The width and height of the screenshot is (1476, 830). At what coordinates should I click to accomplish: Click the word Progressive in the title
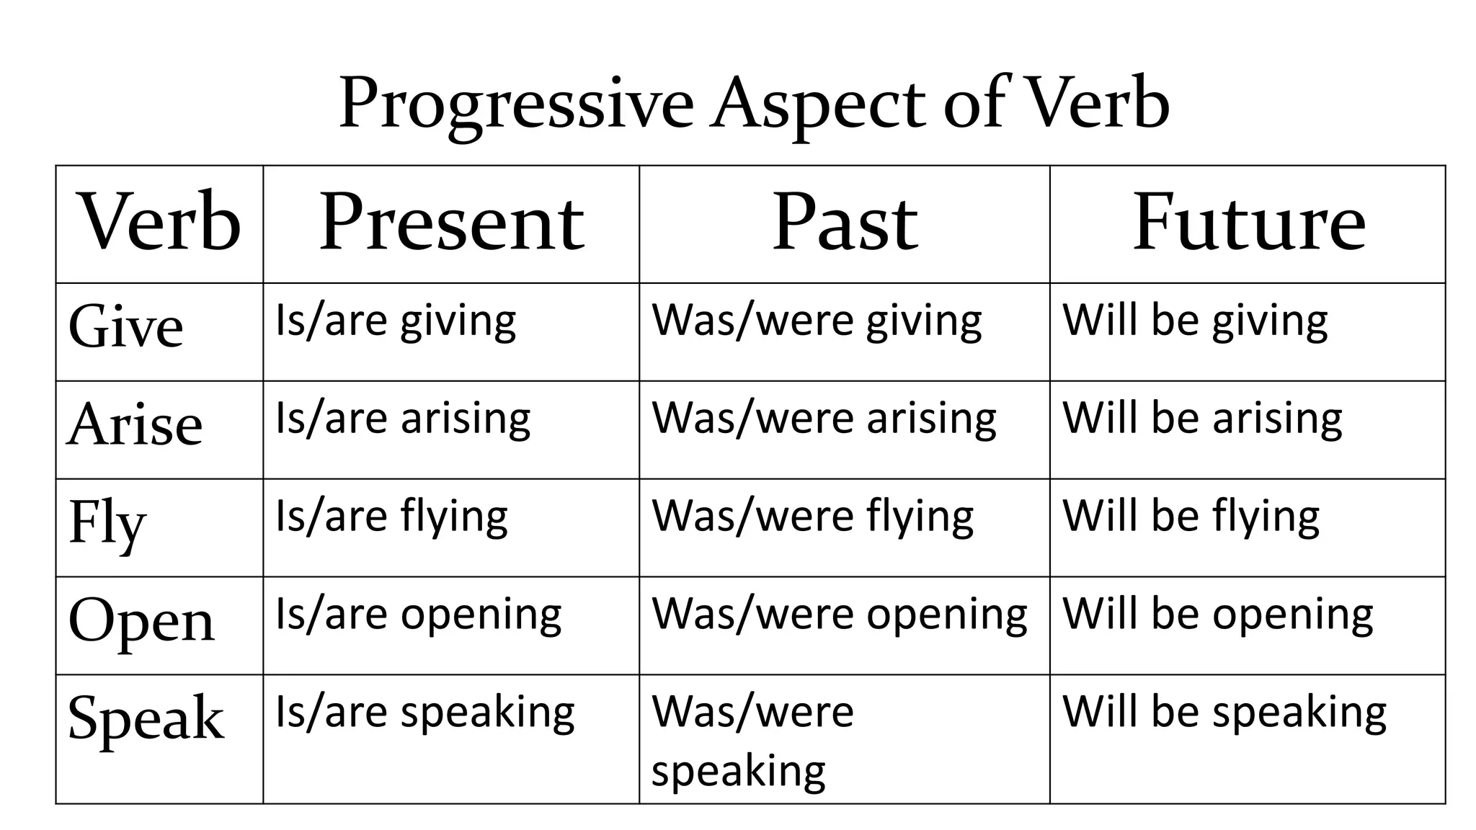[516, 104]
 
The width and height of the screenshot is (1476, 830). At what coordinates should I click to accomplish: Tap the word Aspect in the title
[817, 104]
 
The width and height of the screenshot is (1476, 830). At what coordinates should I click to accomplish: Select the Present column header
[451, 223]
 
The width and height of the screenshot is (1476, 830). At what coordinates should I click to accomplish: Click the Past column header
[845, 223]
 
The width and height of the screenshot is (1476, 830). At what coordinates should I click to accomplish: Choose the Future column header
[1248, 223]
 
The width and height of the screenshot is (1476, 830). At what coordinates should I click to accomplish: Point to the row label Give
[126, 326]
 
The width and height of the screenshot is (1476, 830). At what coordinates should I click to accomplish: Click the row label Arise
[135, 424]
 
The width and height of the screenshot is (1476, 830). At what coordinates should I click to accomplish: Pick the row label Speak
[146, 718]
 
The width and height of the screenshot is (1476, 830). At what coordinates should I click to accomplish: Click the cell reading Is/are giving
[396, 321]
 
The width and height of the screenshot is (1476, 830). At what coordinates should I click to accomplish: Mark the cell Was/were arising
[824, 419]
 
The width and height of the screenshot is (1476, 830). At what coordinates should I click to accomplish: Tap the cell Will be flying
[1191, 517]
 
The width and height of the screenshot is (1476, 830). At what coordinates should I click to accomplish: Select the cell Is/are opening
[418, 615]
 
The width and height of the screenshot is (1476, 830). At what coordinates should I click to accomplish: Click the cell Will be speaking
[1224, 713]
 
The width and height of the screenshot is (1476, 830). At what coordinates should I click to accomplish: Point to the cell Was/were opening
[840, 615]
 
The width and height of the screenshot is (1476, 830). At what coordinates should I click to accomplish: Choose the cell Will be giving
[1195, 321]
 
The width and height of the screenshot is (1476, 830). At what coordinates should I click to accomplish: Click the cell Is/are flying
[391, 517]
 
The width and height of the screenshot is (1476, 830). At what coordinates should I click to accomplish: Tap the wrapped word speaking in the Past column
[738, 772]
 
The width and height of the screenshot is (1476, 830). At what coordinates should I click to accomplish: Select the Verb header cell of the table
[159, 223]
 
